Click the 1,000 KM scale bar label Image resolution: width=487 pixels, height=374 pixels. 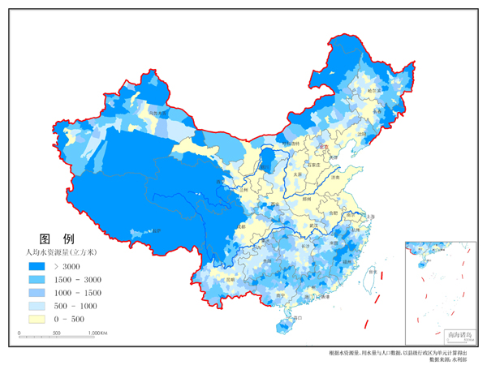click(98, 333)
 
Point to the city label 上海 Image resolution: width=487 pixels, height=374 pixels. click(370, 217)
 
